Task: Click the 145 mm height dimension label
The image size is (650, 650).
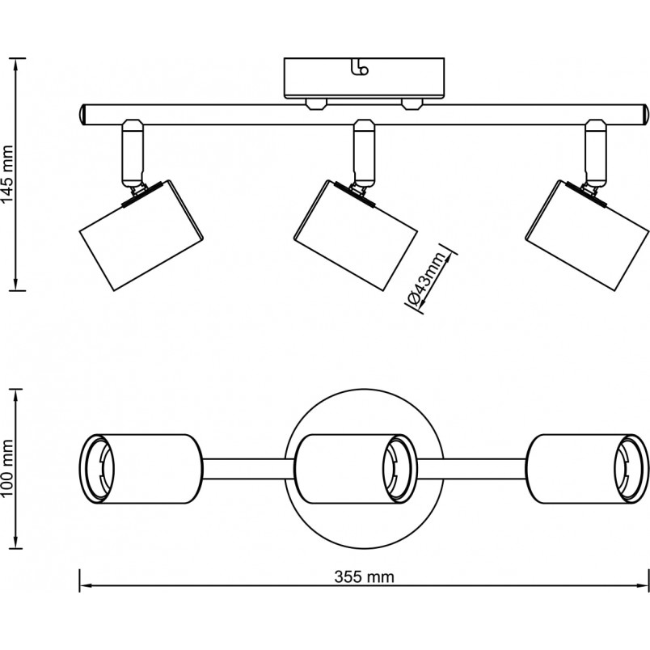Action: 7,175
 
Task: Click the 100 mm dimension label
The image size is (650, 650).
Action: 7,469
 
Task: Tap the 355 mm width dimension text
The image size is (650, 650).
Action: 364,577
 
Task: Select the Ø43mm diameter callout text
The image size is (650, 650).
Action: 427,278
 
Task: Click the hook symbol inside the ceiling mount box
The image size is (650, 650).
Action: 359,67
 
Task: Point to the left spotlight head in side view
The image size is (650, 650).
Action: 141,235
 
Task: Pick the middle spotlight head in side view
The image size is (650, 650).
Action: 355,235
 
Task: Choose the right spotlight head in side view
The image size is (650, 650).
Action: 587,235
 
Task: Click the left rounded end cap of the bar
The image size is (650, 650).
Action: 82,115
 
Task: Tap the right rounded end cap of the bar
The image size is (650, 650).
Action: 645,115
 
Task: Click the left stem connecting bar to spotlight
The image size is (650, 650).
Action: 133,153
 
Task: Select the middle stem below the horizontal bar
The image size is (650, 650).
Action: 365,153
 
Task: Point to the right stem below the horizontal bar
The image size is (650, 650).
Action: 596,153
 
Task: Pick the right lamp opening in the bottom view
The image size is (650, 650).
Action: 631,469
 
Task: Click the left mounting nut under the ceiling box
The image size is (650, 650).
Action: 316,103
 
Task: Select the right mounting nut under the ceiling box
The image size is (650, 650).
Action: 412,103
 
